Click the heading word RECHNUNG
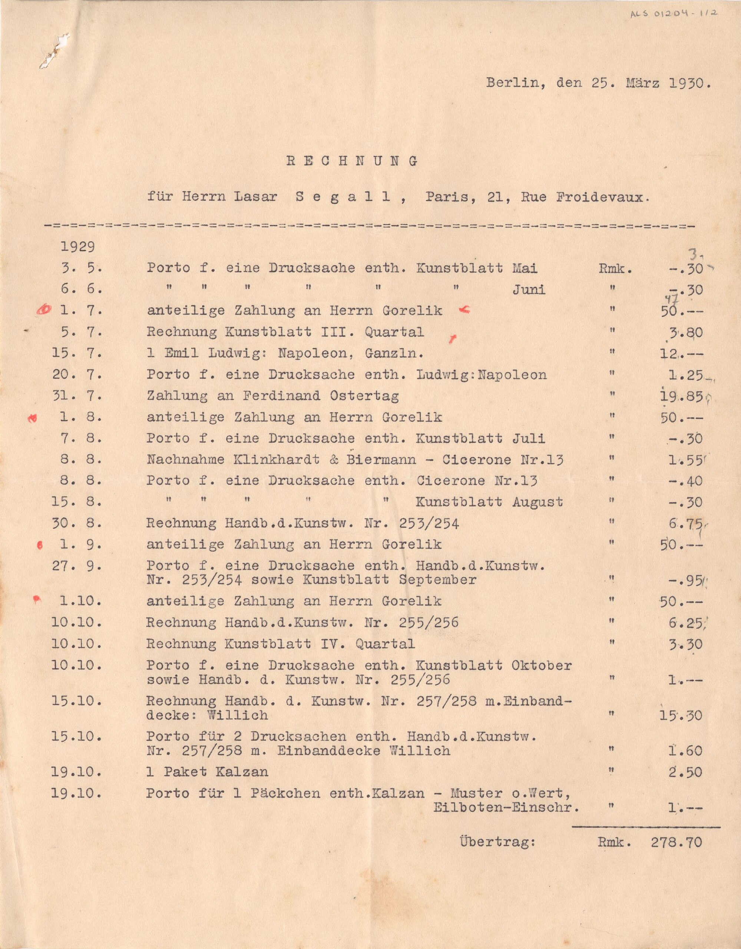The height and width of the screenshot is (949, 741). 352,161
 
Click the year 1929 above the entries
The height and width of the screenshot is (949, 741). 78,247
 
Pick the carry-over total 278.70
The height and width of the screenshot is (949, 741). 676,842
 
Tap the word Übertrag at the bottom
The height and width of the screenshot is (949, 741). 497,842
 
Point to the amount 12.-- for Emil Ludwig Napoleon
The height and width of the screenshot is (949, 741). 680,354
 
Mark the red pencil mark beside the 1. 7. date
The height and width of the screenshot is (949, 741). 44,310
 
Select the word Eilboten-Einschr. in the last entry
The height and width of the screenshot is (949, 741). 506,807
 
